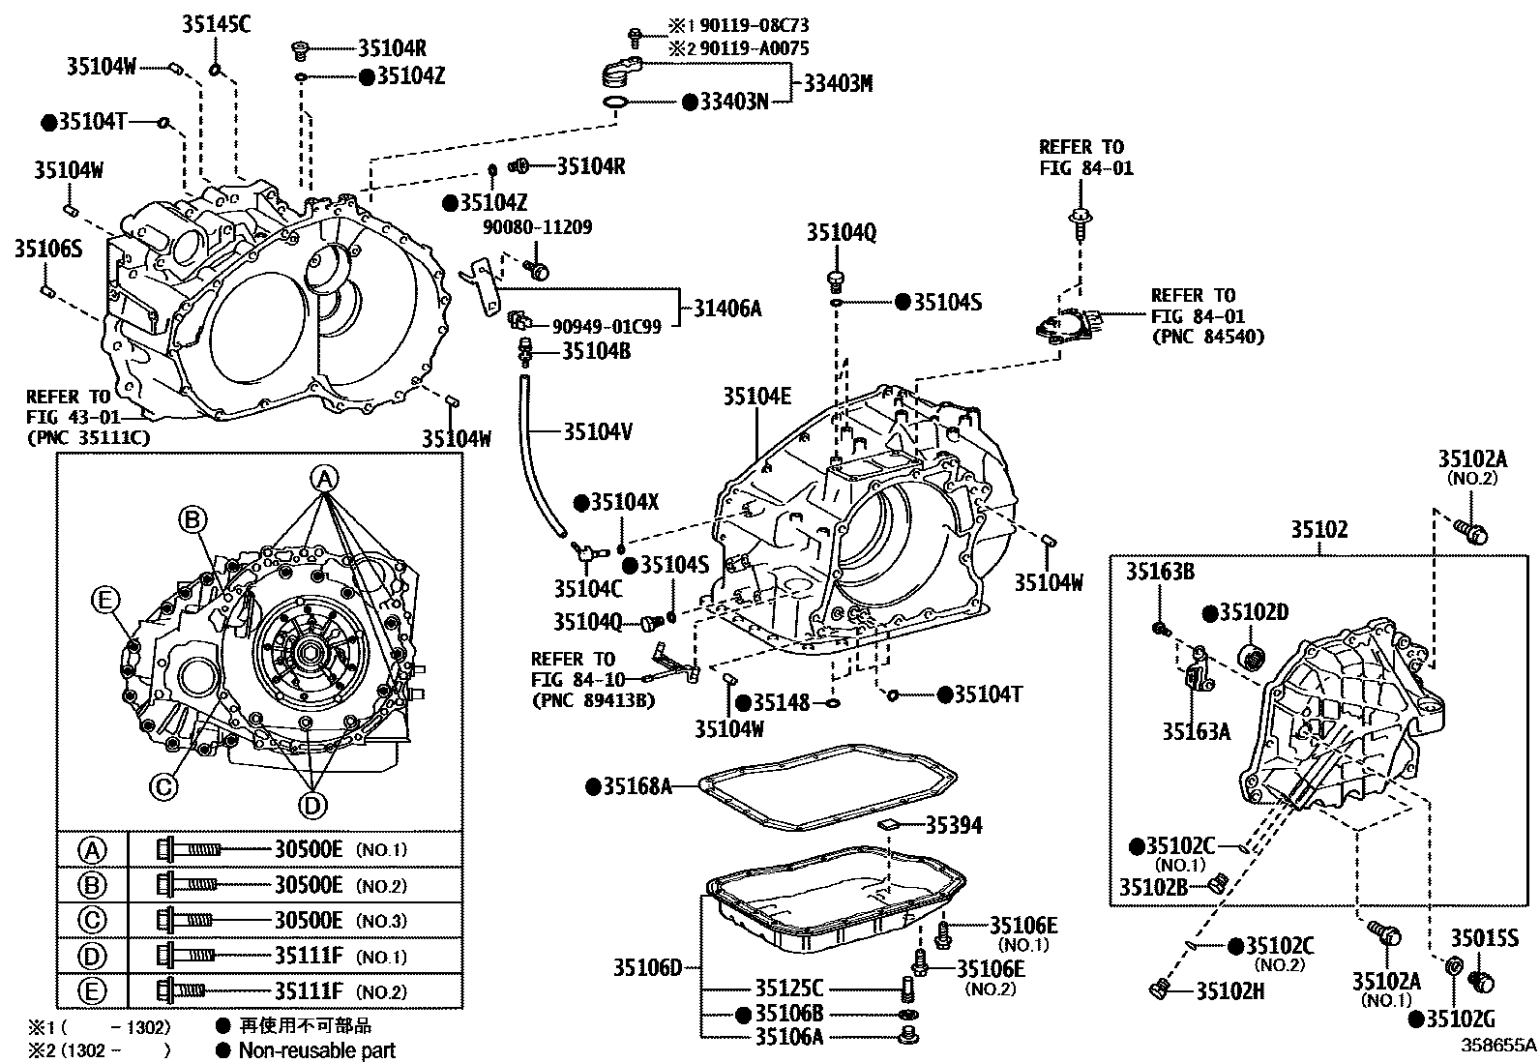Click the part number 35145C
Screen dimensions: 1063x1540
click(216, 24)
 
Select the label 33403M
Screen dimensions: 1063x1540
click(838, 84)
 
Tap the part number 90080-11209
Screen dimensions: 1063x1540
click(538, 227)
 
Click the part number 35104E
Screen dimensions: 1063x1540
click(757, 396)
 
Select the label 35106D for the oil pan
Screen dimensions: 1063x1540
click(647, 966)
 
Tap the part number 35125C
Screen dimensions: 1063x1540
click(788, 989)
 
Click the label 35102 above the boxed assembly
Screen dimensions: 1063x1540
click(1318, 530)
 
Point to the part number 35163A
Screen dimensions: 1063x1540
click(1196, 731)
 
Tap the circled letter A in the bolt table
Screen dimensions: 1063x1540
click(92, 850)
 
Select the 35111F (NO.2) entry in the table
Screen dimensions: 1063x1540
click(308, 991)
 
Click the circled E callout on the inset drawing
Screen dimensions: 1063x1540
click(104, 601)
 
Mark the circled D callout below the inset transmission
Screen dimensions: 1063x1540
click(311, 804)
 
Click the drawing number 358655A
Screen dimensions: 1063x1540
click(1497, 1046)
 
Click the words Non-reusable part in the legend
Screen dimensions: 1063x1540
click(316, 1049)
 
